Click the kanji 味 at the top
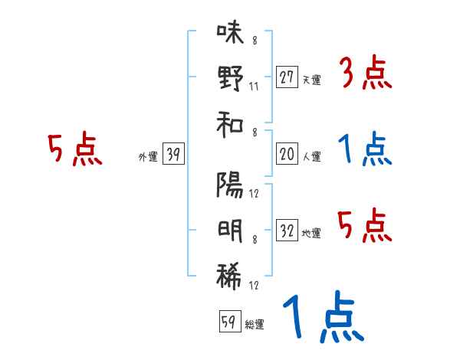229,33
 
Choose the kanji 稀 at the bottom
229,273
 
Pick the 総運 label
254,325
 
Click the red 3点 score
364,74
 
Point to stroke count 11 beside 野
253,86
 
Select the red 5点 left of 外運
74,151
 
